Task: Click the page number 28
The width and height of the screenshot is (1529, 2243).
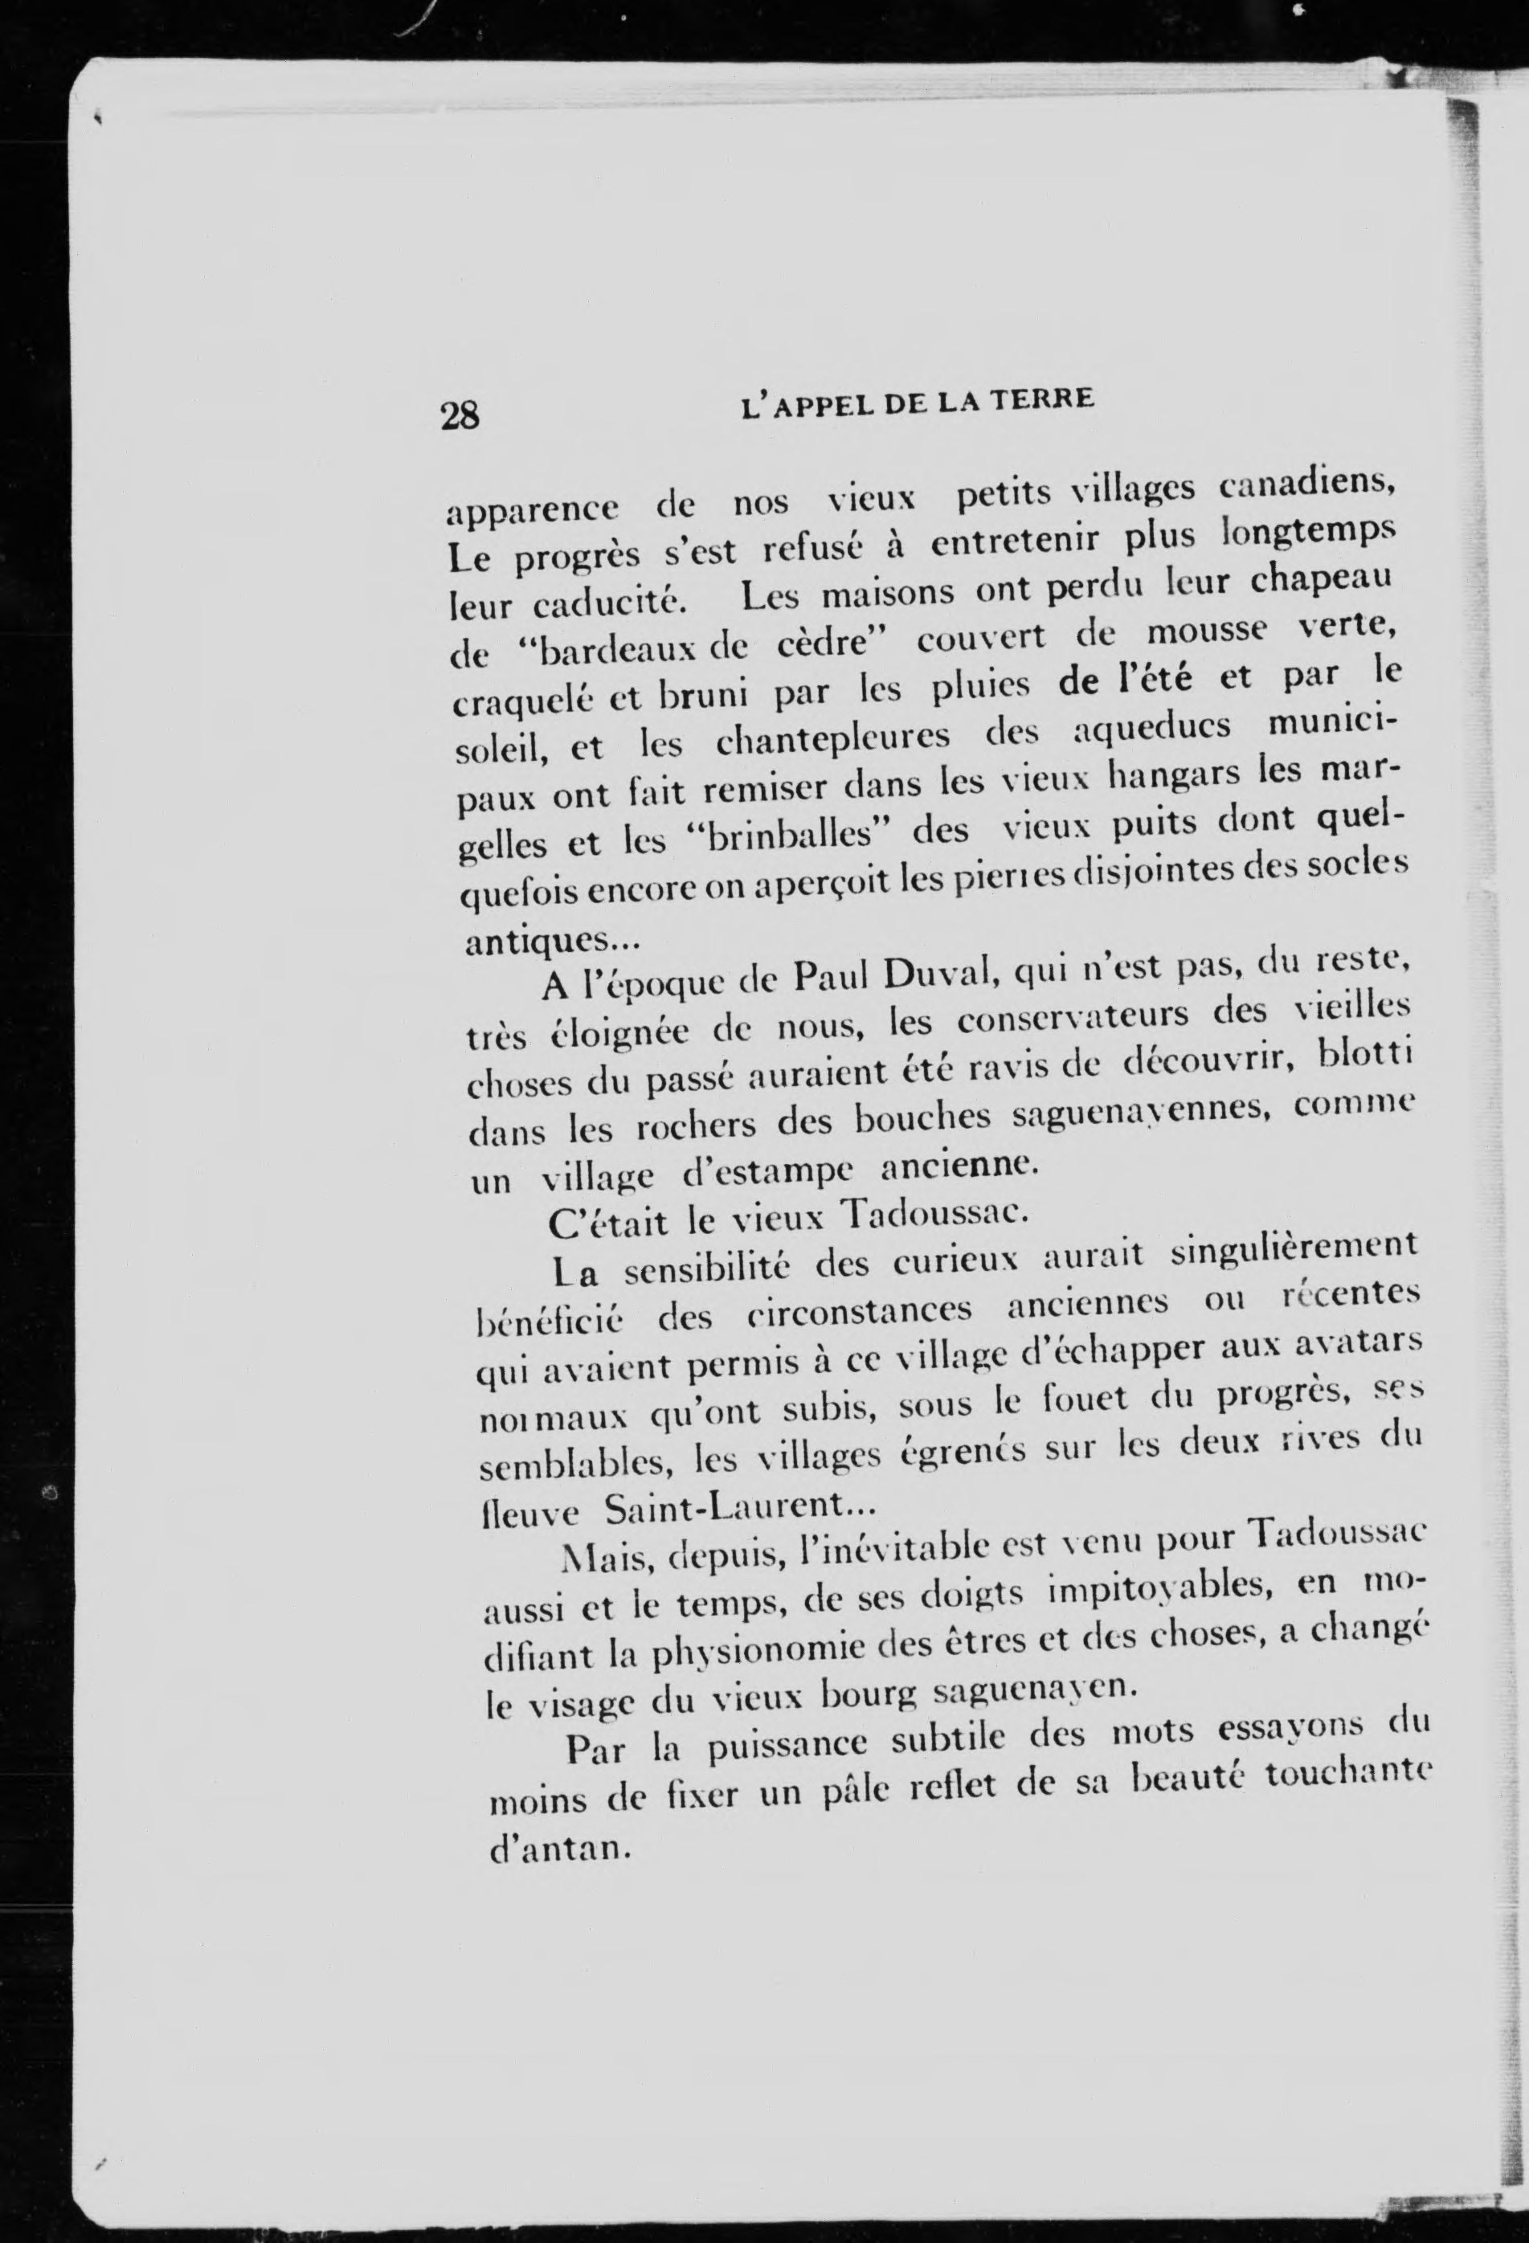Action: (x=460, y=415)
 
